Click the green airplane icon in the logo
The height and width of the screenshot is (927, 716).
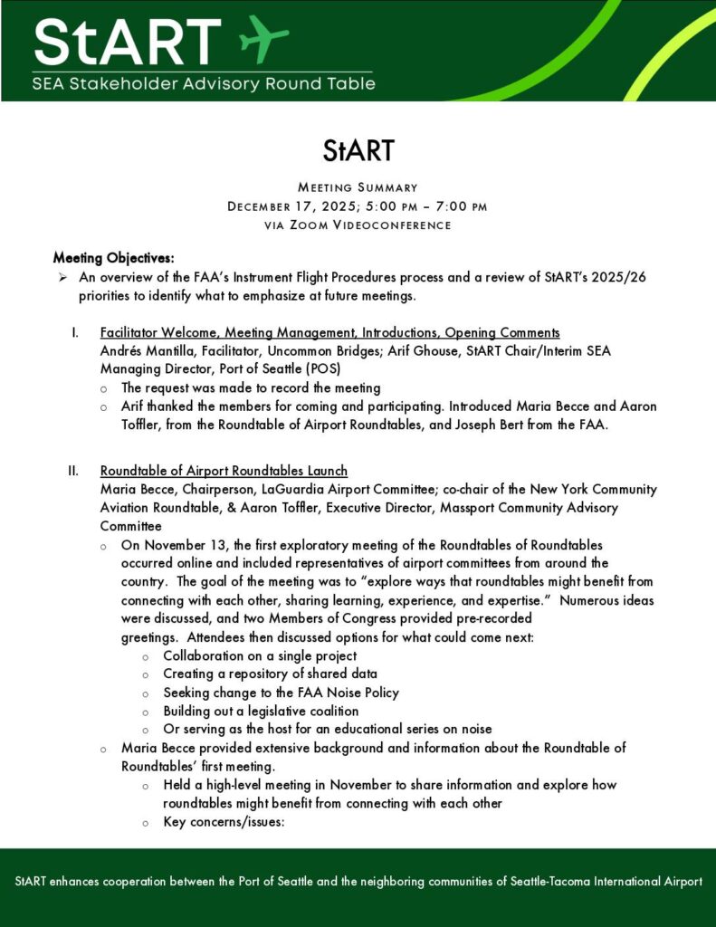click(263, 39)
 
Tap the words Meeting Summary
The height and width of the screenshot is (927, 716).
click(358, 187)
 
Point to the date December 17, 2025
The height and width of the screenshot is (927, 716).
click(291, 206)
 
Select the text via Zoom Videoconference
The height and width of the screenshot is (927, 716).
click(358, 225)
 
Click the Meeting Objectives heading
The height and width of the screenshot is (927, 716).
click(113, 258)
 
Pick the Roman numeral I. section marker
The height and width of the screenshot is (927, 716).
click(76, 332)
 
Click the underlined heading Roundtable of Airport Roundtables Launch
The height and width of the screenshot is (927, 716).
click(224, 471)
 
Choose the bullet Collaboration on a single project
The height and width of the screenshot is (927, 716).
click(260, 655)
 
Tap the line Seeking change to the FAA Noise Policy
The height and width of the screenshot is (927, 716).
click(281, 693)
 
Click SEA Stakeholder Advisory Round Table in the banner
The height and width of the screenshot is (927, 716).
click(203, 85)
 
